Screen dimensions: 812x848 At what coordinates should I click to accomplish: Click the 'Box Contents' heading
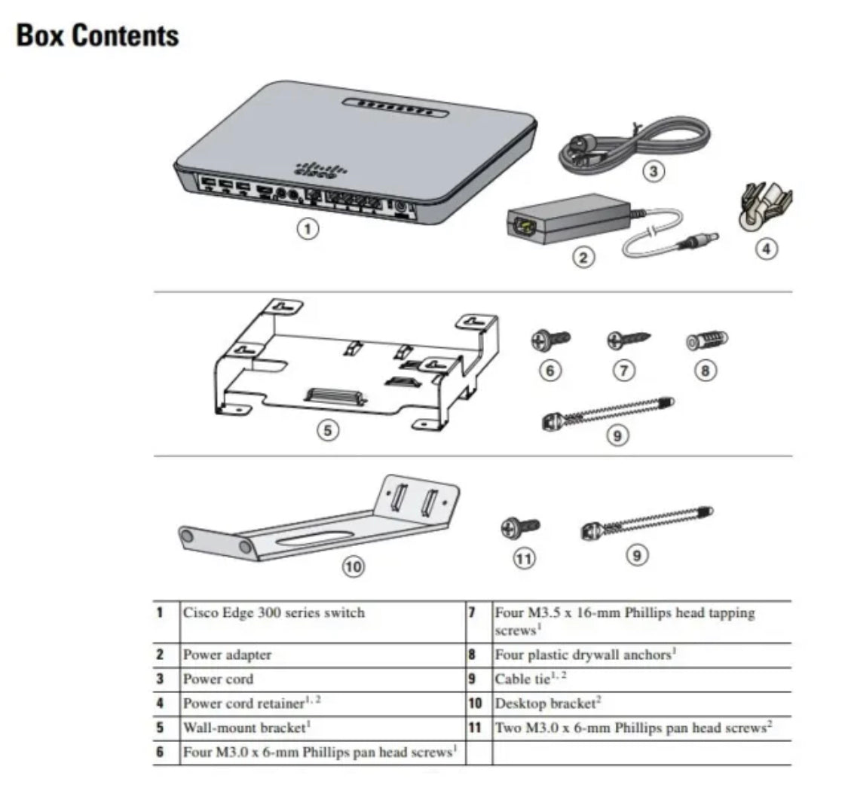click(98, 36)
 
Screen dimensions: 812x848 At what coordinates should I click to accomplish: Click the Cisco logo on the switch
click(311, 169)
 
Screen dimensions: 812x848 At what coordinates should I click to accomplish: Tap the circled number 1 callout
click(307, 229)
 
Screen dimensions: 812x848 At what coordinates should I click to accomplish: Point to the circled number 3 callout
click(654, 172)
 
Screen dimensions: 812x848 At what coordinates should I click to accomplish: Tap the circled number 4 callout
click(767, 248)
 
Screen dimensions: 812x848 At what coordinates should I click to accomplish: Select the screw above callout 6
click(553, 340)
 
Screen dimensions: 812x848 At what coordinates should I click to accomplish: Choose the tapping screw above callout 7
click(629, 340)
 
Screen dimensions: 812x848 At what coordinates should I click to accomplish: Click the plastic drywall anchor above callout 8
click(706, 340)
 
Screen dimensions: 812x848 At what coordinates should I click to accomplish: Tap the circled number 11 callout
click(524, 558)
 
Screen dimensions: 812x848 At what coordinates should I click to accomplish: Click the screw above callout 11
click(521, 527)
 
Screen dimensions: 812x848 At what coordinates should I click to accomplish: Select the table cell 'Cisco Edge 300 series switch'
click(274, 612)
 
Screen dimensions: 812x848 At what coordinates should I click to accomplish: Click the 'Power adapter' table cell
click(227, 655)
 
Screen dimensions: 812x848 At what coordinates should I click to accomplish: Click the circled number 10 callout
click(353, 566)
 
